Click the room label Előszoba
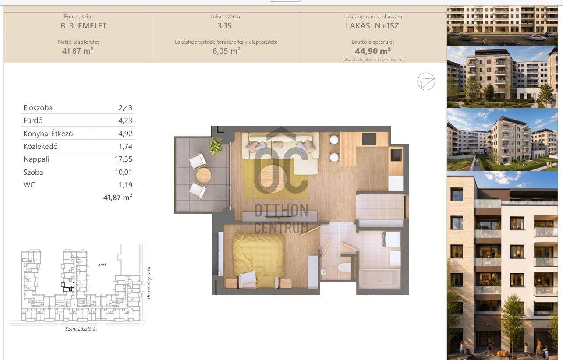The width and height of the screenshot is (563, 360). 38,108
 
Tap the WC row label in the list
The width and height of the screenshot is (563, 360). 29,185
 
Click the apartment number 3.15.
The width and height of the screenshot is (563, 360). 226,26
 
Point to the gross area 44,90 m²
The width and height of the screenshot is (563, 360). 373,51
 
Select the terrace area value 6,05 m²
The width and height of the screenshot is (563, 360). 226,51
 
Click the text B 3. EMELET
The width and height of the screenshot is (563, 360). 83,26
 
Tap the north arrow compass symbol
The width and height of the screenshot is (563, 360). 426,81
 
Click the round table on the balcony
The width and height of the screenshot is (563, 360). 204,175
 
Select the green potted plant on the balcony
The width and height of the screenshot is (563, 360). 216,147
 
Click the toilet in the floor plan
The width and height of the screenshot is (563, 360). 344,267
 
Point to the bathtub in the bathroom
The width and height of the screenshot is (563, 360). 379,279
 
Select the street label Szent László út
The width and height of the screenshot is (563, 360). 81,329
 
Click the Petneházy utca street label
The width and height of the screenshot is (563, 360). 149,283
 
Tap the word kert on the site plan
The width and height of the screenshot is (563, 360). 102,265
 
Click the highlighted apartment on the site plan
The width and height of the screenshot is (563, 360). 68,287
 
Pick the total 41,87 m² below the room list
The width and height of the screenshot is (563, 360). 117,198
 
